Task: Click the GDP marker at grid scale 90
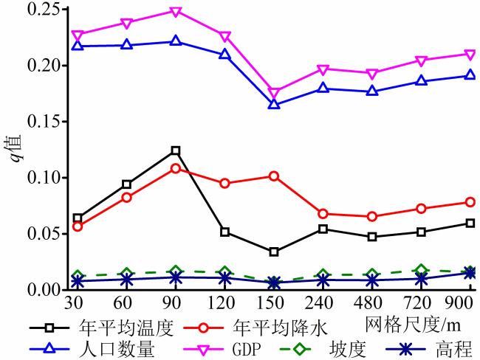pos(176,12)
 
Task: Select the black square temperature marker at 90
pos(176,150)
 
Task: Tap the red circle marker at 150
pos(274,176)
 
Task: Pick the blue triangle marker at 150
pos(274,104)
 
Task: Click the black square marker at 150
pos(274,252)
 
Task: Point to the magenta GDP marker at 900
pos(470,54)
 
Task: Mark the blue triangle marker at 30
pos(78,46)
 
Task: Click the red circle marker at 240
pos(323,214)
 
